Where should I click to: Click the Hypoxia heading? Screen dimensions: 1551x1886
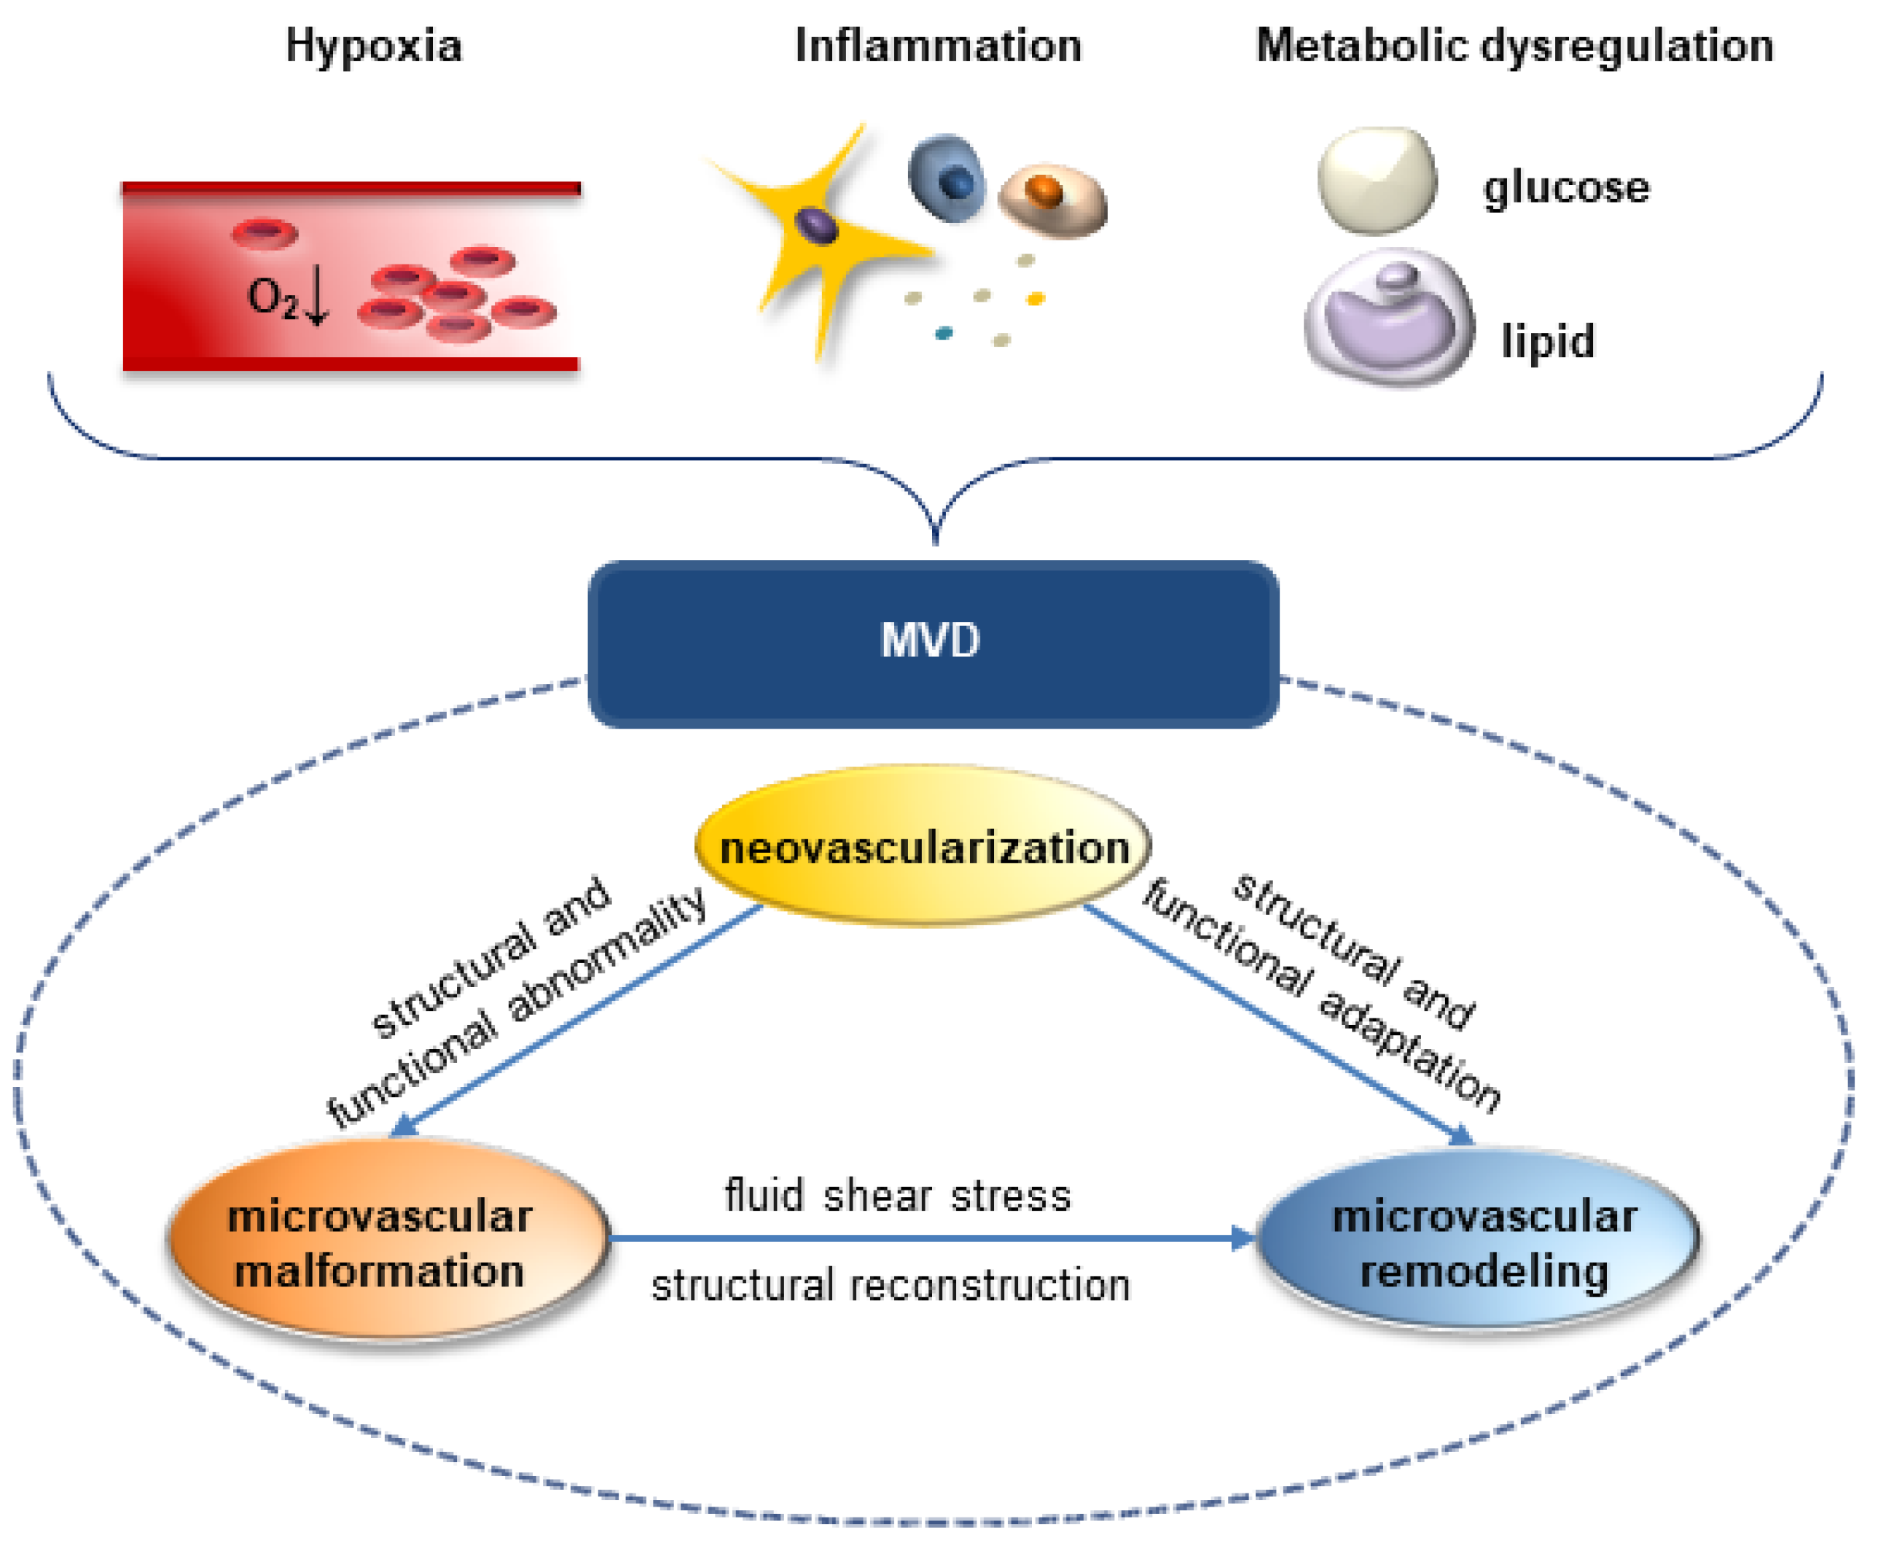pyautogui.click(x=374, y=47)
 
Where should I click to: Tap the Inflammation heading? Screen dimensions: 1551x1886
pyautogui.click(x=938, y=47)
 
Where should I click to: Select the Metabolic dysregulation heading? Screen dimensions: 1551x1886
pyautogui.click(x=1514, y=47)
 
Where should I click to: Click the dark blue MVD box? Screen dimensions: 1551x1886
pyautogui.click(x=932, y=643)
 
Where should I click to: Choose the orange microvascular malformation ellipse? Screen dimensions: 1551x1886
pyautogui.click(x=386, y=1243)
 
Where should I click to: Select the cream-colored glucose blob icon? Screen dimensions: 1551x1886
pyautogui.click(x=1377, y=181)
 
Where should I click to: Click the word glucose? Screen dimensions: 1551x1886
pyautogui.click(x=1566, y=189)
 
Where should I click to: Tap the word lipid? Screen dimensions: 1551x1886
pyautogui.click(x=1547, y=341)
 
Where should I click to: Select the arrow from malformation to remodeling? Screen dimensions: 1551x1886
pyautogui.click(x=930, y=1238)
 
